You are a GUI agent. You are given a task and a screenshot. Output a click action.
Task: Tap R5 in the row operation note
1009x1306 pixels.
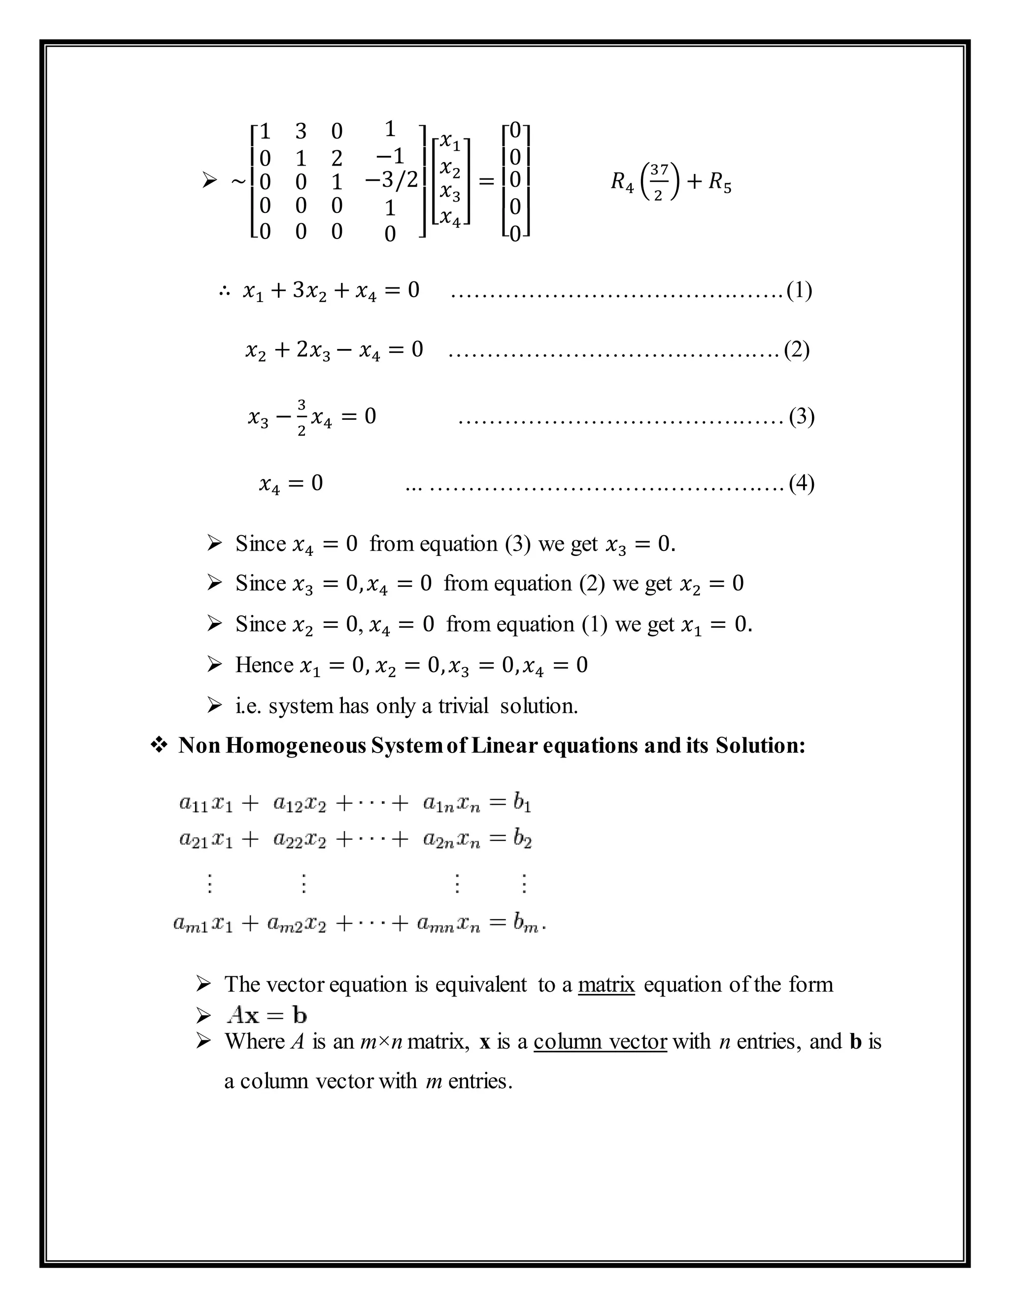(x=720, y=182)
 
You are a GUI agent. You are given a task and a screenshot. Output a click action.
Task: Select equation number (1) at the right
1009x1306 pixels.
(x=799, y=291)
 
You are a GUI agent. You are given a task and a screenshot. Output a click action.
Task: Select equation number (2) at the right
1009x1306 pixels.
(x=796, y=350)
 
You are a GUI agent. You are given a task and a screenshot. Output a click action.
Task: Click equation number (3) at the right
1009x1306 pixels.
(x=801, y=416)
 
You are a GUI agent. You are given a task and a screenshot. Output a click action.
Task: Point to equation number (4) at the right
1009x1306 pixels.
(x=801, y=482)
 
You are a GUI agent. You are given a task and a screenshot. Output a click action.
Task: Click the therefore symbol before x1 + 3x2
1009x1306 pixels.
(x=225, y=292)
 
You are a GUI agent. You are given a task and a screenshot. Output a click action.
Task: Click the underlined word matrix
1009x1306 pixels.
(x=606, y=984)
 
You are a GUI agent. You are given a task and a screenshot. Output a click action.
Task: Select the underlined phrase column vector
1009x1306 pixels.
(x=600, y=1041)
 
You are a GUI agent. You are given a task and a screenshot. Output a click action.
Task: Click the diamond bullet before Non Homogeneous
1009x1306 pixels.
(x=159, y=745)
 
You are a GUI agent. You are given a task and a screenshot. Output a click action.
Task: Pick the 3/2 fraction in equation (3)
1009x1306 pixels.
(x=301, y=417)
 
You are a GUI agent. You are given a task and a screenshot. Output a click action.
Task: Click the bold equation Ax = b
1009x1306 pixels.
(x=267, y=1015)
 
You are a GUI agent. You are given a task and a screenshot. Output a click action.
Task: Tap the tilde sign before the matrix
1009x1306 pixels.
(x=238, y=180)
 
